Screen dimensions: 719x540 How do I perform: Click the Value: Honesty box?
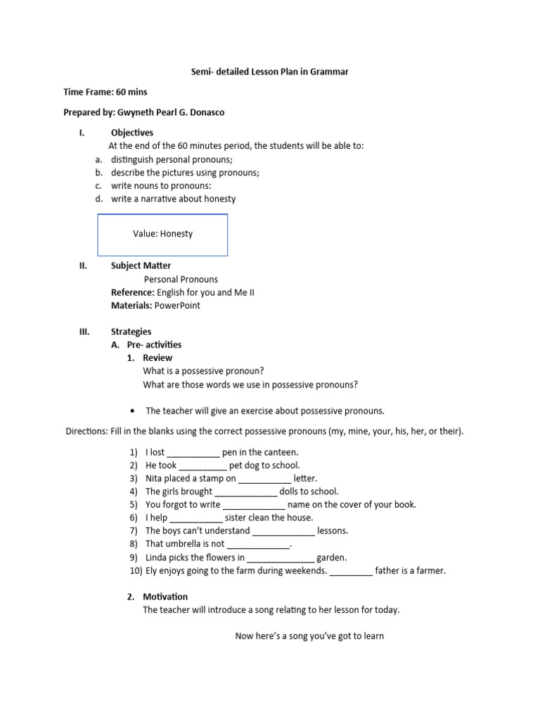click(x=162, y=235)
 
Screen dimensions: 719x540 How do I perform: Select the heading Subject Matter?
click(x=141, y=265)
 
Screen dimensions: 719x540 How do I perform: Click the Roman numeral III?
click(x=85, y=331)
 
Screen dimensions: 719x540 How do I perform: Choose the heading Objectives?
click(x=132, y=132)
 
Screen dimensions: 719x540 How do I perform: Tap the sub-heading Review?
click(x=157, y=357)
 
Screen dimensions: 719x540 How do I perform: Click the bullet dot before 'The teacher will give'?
click(x=133, y=411)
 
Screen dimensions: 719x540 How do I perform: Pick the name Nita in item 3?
click(x=155, y=478)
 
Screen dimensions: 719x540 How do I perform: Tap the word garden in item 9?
click(x=331, y=558)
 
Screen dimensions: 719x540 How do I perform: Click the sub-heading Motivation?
click(x=165, y=596)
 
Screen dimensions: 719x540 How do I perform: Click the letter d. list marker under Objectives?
click(x=99, y=199)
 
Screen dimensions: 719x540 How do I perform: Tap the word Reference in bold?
click(x=131, y=292)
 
